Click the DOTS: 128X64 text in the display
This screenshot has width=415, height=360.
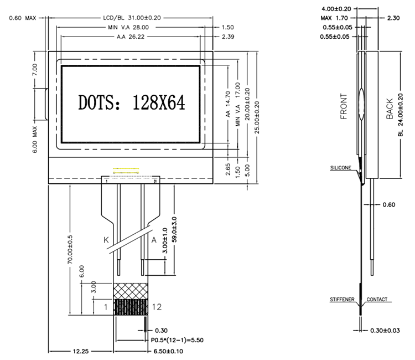click(131, 102)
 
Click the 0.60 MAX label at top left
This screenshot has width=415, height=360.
click(23, 18)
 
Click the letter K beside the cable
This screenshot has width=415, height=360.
click(107, 240)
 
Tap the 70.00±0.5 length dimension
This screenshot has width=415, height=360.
click(70, 253)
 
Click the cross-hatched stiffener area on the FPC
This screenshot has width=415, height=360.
click(131, 291)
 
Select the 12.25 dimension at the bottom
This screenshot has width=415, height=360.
click(81, 351)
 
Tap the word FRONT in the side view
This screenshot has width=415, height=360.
click(344, 106)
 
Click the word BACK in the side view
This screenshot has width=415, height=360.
click(390, 109)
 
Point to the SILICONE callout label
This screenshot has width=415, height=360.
click(341, 167)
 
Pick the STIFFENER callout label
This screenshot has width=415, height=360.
click(343, 299)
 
